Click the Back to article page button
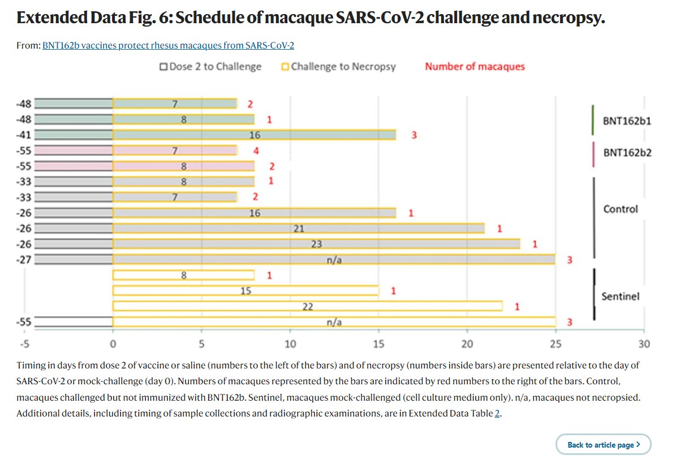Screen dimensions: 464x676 (x=604, y=445)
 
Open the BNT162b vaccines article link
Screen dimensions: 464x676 (x=168, y=45)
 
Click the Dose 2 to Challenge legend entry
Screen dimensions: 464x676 (x=210, y=67)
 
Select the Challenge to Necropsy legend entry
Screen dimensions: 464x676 (x=339, y=67)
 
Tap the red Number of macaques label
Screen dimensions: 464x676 (x=475, y=67)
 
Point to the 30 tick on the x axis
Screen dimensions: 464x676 (x=644, y=344)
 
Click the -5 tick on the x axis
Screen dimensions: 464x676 (x=24, y=344)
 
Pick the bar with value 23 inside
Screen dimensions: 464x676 (x=317, y=244)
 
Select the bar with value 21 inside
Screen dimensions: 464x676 (x=299, y=228)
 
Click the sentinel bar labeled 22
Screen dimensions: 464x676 (x=308, y=306)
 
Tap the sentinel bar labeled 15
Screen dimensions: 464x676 (x=246, y=290)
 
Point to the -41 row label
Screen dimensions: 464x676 (x=25, y=135)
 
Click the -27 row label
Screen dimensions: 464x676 (x=25, y=259)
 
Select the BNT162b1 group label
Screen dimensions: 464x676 (x=627, y=121)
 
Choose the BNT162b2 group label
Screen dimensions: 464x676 (x=627, y=152)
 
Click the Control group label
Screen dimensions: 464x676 (x=620, y=209)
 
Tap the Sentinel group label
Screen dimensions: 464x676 (x=620, y=296)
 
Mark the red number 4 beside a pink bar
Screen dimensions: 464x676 (x=257, y=151)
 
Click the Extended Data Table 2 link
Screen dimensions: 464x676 (x=498, y=413)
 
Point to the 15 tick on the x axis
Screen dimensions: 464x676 (x=378, y=344)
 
